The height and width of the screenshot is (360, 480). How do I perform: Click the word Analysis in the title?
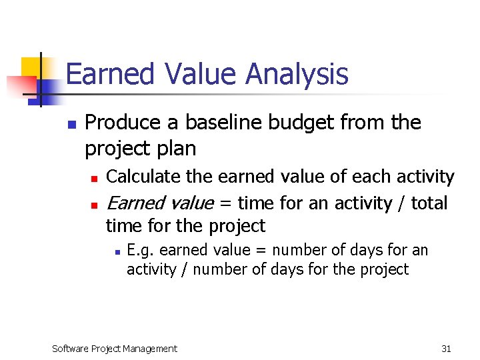[x=297, y=74]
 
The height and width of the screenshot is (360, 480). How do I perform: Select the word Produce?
[x=123, y=123]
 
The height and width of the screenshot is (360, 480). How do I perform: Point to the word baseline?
[x=223, y=123]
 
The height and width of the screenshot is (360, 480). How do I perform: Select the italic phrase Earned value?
[x=160, y=203]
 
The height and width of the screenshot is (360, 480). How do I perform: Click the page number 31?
[x=446, y=348]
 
